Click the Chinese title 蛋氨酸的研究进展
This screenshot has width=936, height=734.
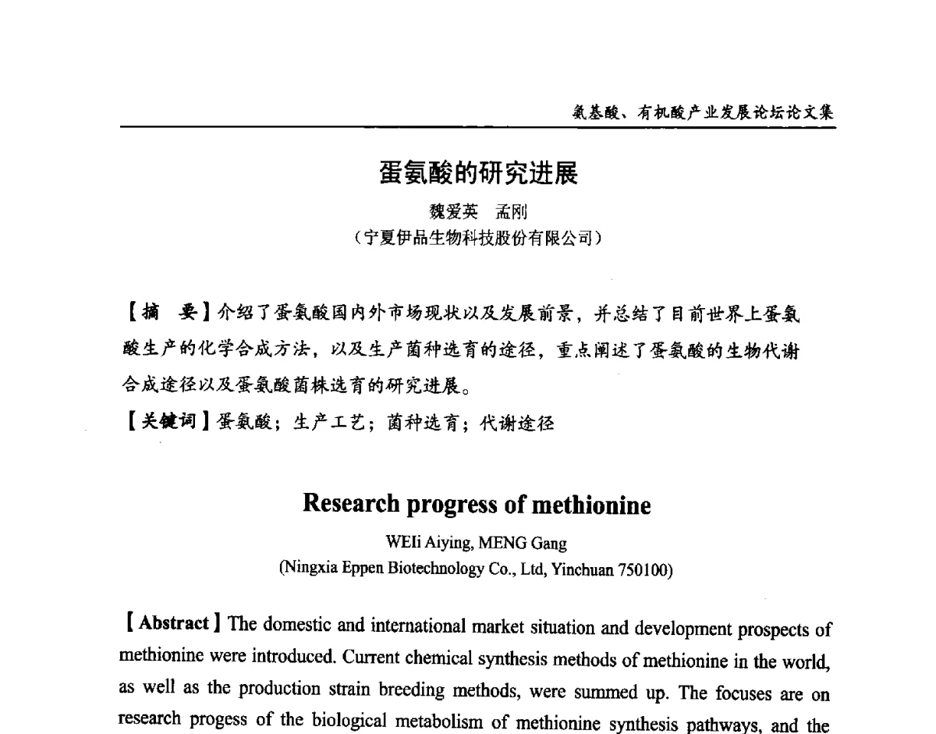coord(479,174)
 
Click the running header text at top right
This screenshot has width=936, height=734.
coord(703,112)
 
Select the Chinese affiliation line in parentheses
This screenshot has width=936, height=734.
coord(477,238)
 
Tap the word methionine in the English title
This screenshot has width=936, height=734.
coord(590,505)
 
